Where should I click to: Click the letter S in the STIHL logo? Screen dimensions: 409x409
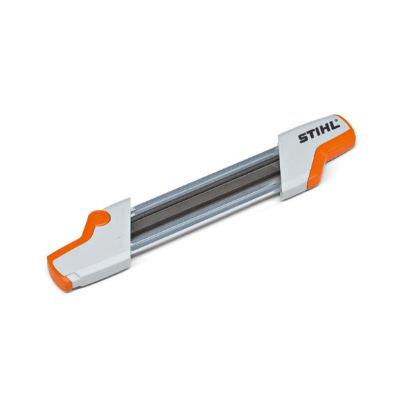pyautogui.click(x=303, y=138)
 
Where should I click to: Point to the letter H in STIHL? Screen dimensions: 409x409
pyautogui.click(x=326, y=129)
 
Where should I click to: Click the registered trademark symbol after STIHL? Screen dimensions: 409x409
pyautogui.click(x=337, y=121)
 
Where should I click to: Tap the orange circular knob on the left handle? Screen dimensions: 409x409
pyautogui.click(x=100, y=218)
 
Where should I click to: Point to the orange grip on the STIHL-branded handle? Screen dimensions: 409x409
pyautogui.click(x=331, y=154)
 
